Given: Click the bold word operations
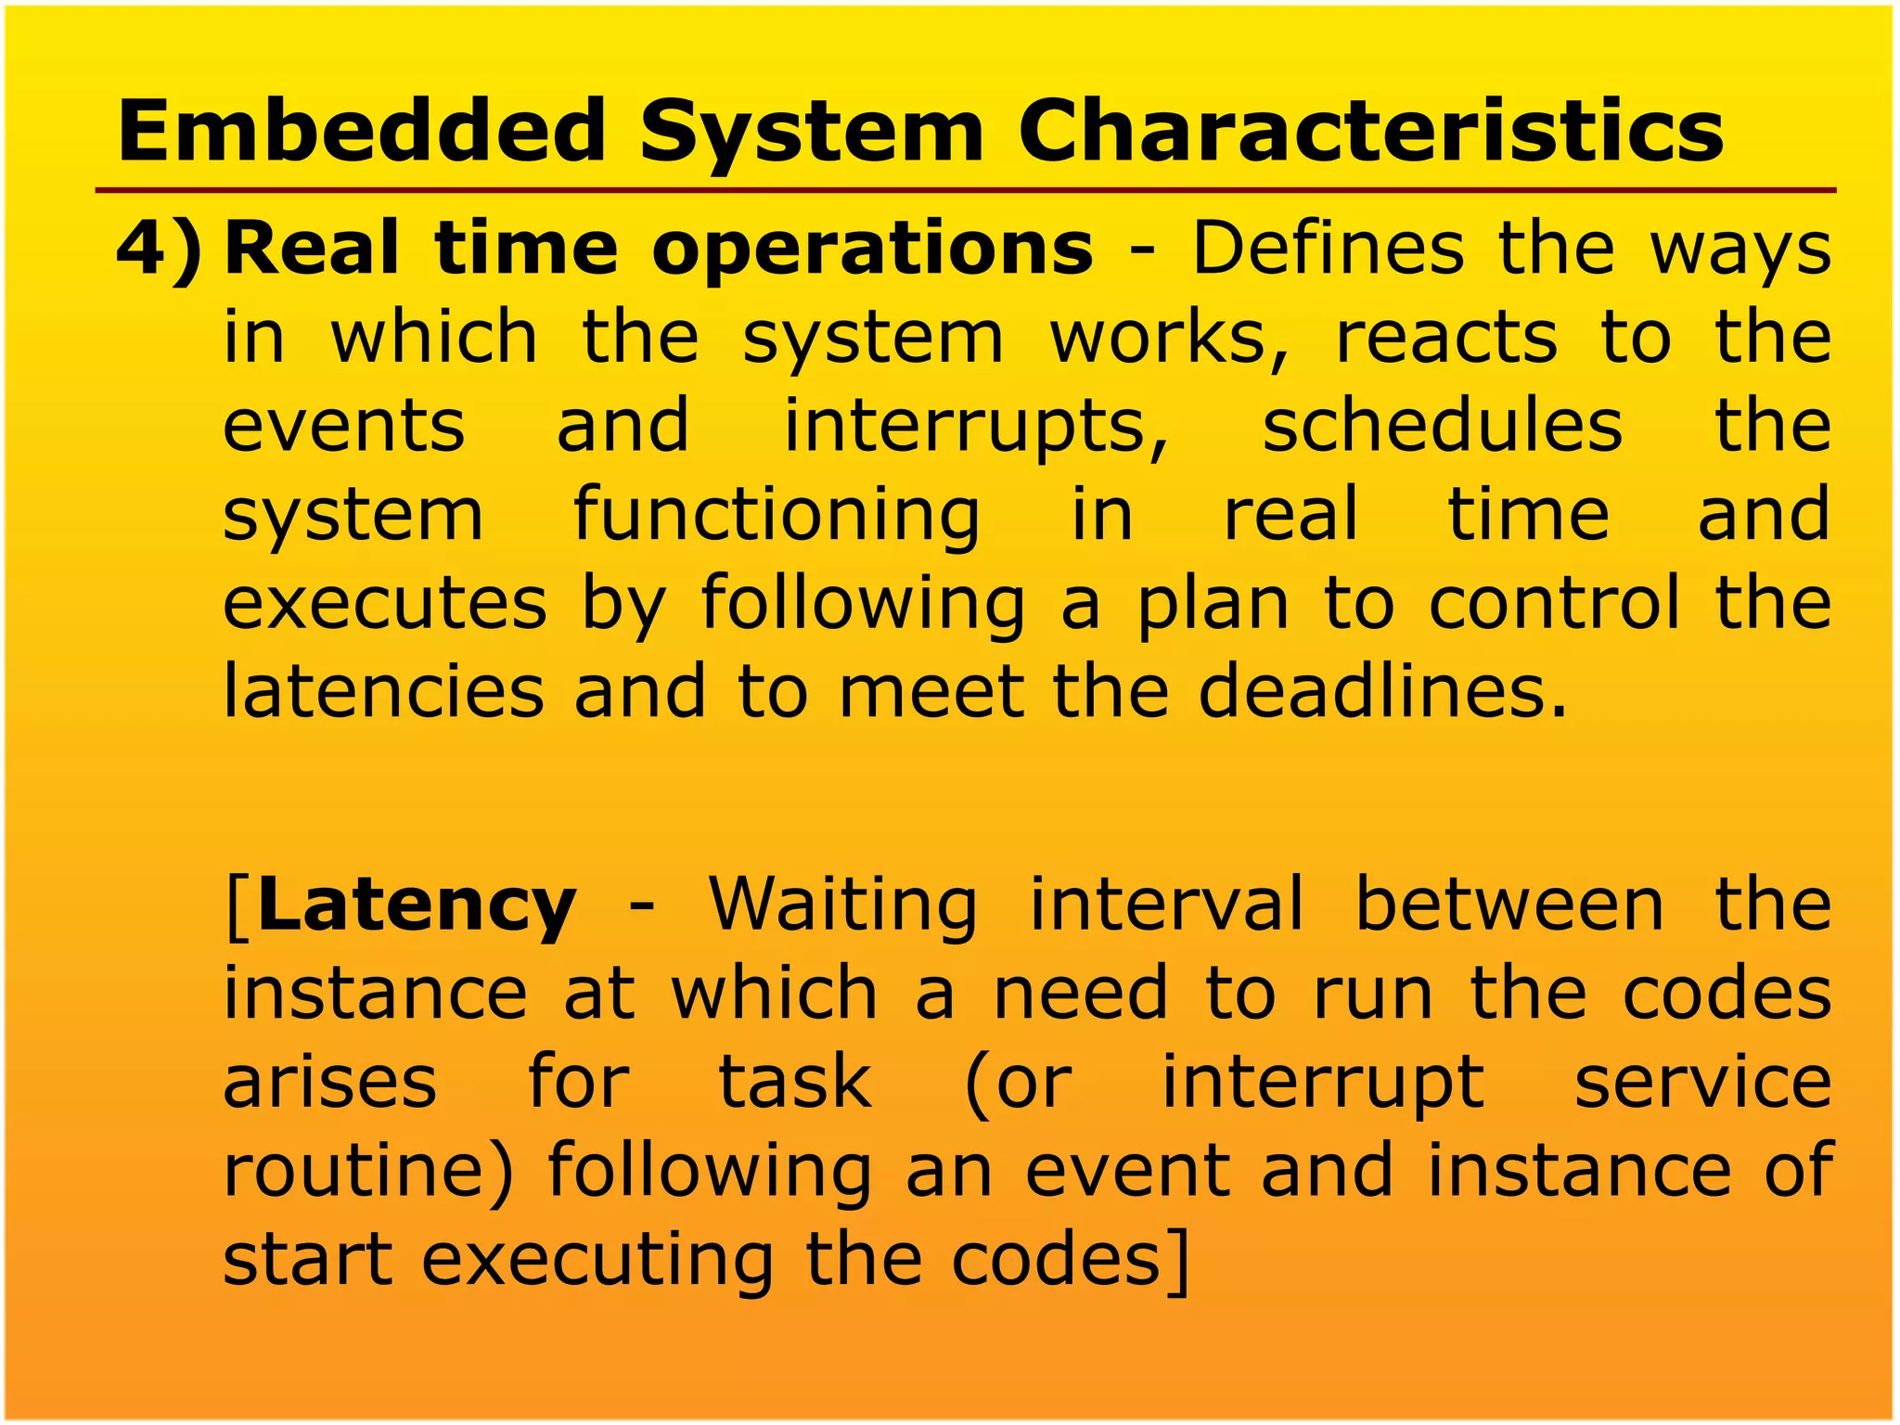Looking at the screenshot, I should click(872, 250).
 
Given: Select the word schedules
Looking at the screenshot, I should click(1443, 426).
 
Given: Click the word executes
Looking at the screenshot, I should click(385, 604).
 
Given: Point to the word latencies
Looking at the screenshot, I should click(384, 692).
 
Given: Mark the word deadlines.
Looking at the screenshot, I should click(1382, 692).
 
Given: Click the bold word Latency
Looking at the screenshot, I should click(417, 908).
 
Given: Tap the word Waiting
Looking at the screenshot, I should click(843, 908).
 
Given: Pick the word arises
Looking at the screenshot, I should click(329, 1083).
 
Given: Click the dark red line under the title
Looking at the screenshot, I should click(965, 190).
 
